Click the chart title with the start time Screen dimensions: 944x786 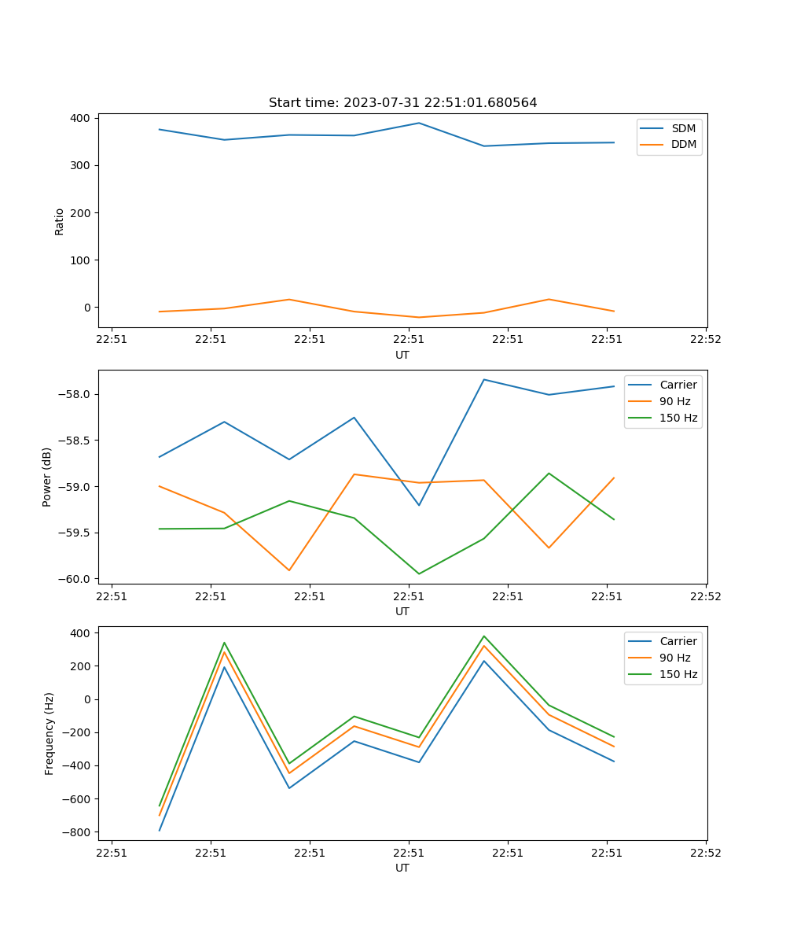pyautogui.click(x=402, y=103)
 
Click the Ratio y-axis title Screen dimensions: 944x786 pyautogui.click(x=60, y=222)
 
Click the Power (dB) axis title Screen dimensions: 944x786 pyautogui.click(x=47, y=477)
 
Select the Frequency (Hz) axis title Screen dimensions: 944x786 pyautogui.click(x=50, y=733)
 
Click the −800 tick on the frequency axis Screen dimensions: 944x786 pyautogui.click(x=78, y=832)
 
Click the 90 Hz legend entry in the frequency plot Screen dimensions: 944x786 pyautogui.click(x=674, y=658)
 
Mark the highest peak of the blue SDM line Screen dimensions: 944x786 pyautogui.click(x=419, y=123)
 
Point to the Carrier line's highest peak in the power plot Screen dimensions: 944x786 pyautogui.click(x=484, y=379)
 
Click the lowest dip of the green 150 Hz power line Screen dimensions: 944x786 pyautogui.click(x=419, y=573)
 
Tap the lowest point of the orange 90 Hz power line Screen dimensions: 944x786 pyautogui.click(x=289, y=570)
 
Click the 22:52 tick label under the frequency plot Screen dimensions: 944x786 pyautogui.click(x=705, y=852)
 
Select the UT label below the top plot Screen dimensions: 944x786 pyautogui.click(x=402, y=355)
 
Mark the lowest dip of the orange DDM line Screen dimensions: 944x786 pyautogui.click(x=419, y=317)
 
